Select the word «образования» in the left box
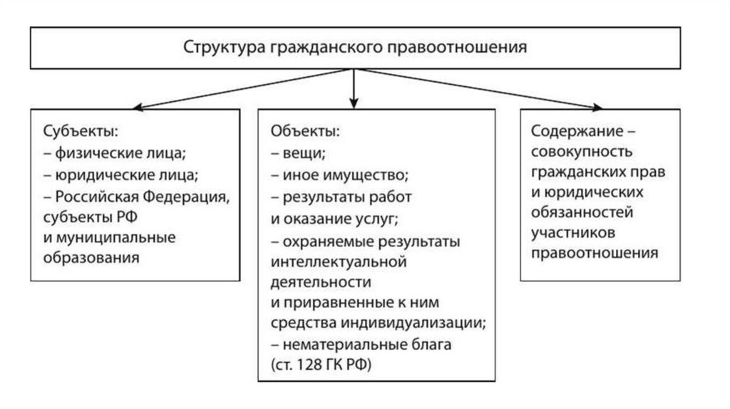[x=90, y=257]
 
